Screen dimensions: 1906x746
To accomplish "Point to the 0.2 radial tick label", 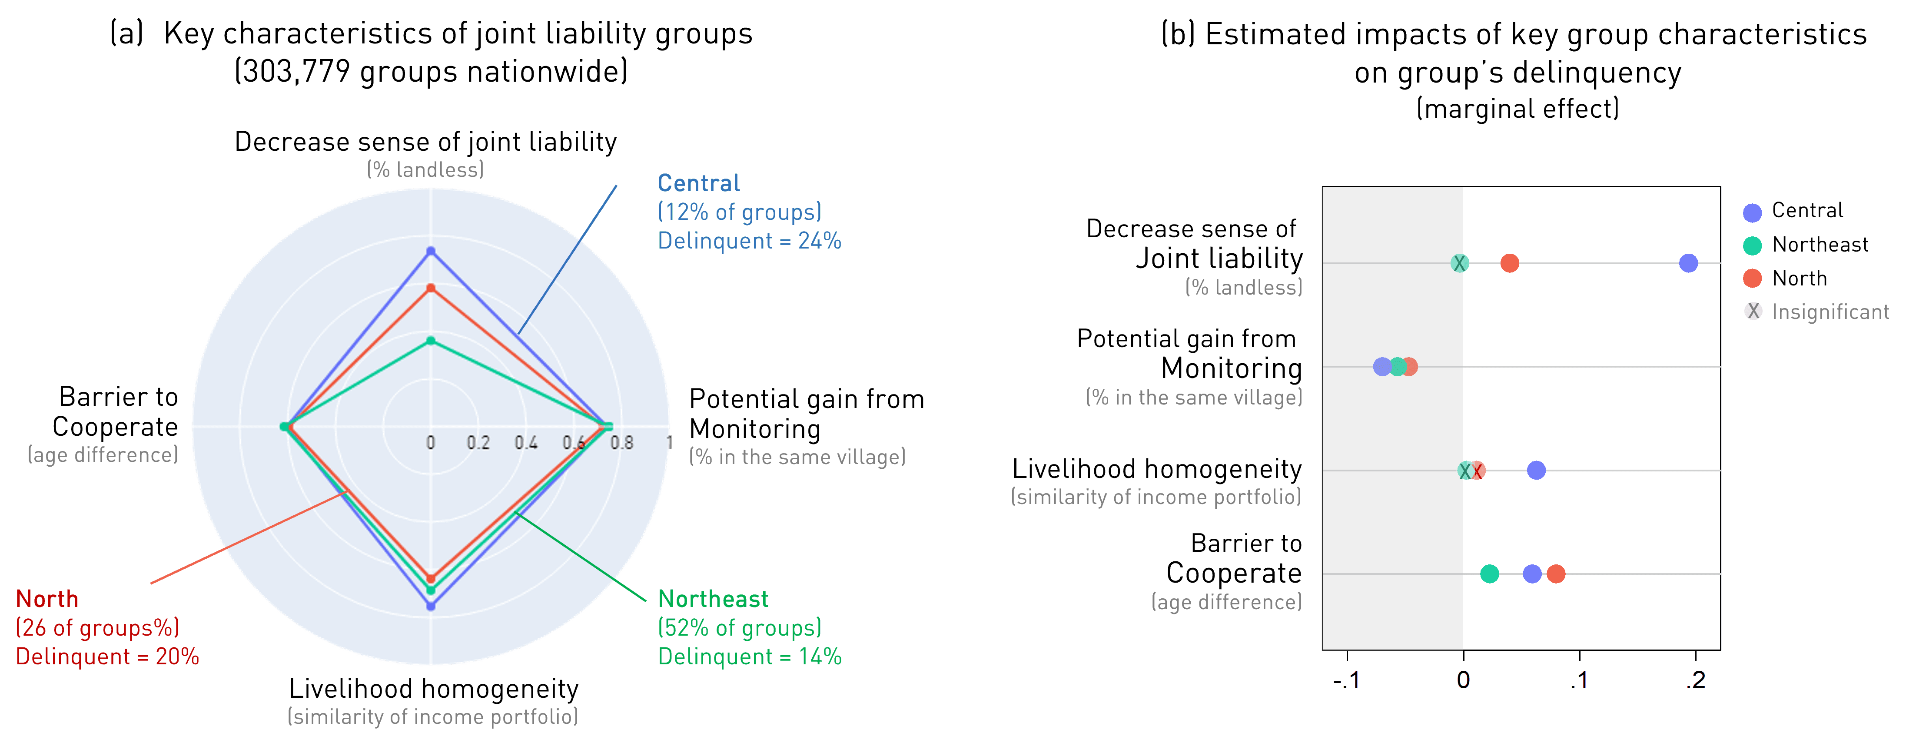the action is [478, 443].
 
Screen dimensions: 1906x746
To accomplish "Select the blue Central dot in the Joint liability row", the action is [1688, 263].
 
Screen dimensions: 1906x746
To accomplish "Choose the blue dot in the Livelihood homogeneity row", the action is [1536, 470].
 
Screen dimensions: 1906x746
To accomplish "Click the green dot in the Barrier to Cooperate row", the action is [1489, 574].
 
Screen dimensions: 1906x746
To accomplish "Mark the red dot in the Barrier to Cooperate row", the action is [1556, 574].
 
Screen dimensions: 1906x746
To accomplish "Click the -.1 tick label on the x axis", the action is [1347, 680].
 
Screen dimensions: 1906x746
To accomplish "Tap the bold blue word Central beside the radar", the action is [698, 183].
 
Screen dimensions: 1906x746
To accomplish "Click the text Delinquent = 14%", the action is [750, 656].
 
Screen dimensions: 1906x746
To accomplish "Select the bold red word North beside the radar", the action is [46, 599].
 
